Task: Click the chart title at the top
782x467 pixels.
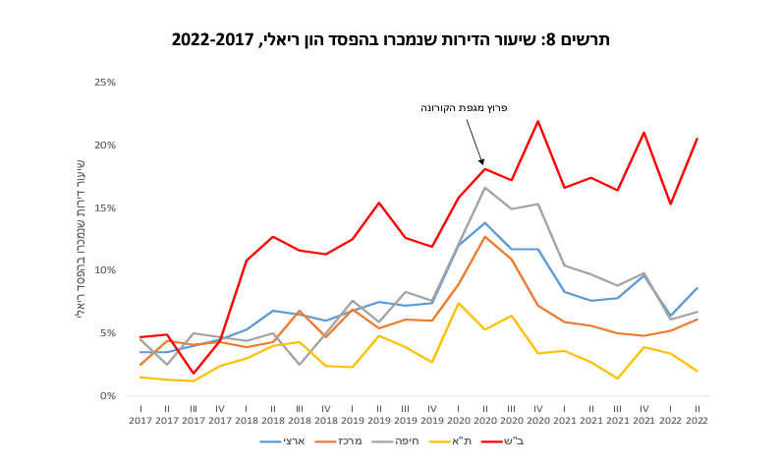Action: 391,40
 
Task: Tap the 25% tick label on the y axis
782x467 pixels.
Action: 105,83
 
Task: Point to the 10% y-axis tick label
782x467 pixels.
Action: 105,270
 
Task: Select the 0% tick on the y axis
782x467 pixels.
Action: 108,396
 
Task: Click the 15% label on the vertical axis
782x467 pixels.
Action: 105,208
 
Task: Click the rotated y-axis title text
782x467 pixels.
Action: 80,237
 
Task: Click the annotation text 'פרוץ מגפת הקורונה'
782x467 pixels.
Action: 464,108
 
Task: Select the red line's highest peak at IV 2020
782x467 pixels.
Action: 537,121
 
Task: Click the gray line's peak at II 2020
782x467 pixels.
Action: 484,188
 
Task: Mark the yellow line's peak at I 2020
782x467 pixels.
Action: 459,303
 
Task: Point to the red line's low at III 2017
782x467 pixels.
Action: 194,374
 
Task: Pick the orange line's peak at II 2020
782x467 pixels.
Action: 484,236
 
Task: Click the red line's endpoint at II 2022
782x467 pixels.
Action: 697,139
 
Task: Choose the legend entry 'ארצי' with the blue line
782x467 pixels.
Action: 282,441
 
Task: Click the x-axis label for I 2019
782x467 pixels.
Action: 353,414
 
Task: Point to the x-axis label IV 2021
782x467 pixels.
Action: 643,414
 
